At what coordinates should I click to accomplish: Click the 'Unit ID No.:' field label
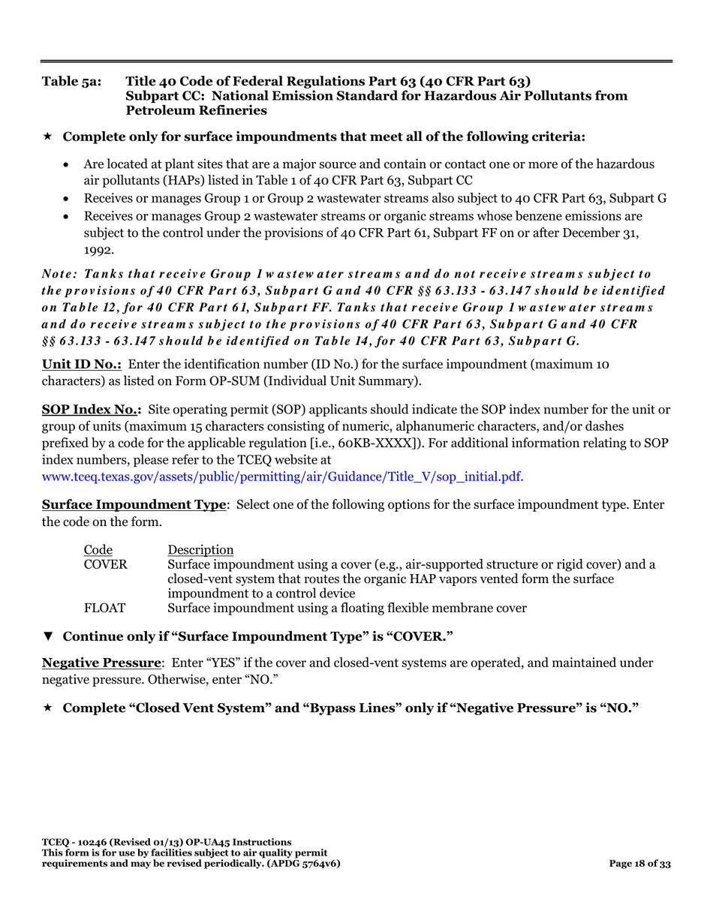point(81,365)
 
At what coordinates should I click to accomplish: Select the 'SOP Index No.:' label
point(91,410)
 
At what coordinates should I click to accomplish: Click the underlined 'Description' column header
point(200,549)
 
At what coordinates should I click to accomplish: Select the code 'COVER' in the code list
point(105,564)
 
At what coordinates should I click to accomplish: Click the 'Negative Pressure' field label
point(101,663)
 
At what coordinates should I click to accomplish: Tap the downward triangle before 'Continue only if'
point(48,636)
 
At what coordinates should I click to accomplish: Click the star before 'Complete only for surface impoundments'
point(48,137)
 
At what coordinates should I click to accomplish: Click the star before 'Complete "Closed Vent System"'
point(48,708)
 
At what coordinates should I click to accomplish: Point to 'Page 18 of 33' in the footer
point(639,864)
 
